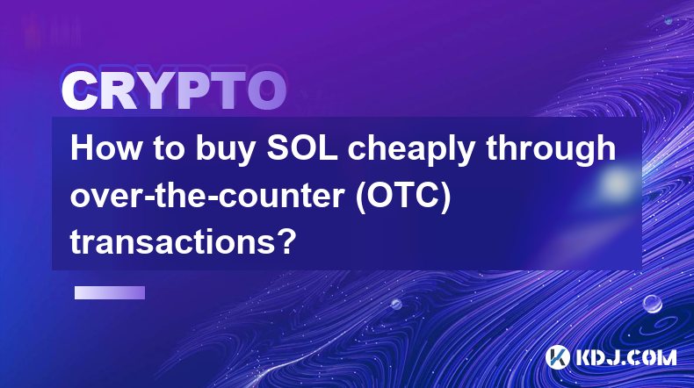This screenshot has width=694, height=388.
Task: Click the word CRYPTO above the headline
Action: pos(174,90)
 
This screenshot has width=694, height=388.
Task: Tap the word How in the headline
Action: pos(105,148)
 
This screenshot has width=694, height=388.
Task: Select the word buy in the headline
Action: pos(225,151)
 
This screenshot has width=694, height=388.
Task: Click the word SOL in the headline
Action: pos(302,148)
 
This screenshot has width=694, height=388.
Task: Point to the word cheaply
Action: pos(411,151)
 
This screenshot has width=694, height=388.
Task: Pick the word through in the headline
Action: pos(551,151)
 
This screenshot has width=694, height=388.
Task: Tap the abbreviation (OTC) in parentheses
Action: pos(403,197)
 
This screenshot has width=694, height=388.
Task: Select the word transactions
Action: pos(173,243)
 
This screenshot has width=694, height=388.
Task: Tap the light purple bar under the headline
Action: pos(110,292)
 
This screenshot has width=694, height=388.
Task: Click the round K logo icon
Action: pos(557,357)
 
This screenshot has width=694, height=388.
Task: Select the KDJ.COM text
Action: pos(625,357)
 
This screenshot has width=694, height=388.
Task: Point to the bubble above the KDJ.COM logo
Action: pos(653,304)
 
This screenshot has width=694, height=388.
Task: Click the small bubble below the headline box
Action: pos(396,304)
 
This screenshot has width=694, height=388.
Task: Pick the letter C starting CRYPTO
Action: pos(79,90)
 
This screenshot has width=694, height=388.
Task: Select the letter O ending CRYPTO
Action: pos(267,90)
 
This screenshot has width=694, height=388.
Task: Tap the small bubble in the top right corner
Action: pos(669,20)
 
